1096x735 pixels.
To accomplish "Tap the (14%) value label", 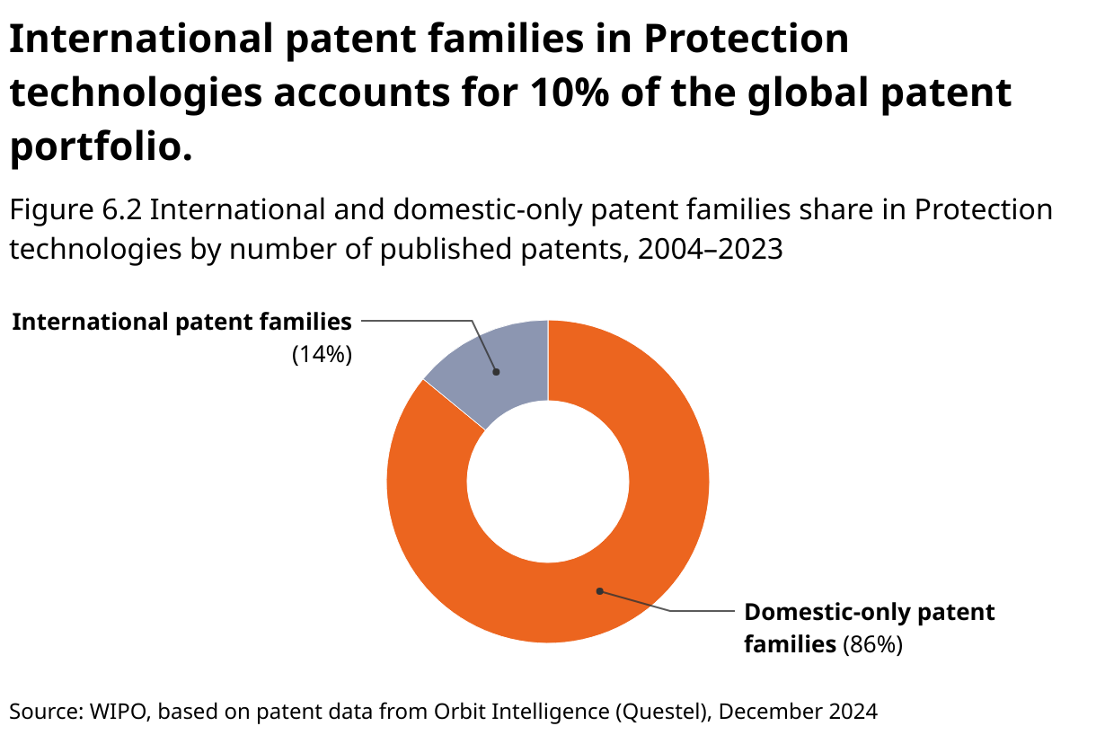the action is tap(322, 354).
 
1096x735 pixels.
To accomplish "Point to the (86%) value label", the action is tap(872, 644).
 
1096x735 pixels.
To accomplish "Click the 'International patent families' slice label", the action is tap(182, 322).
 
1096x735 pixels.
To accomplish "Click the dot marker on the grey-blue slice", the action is tap(496, 372).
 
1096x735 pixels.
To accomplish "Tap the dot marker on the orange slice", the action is tap(599, 591).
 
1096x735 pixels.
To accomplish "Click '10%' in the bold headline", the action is tap(570, 93).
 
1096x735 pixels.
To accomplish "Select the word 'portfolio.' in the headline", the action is tap(102, 146).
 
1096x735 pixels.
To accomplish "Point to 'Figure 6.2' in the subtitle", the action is tap(75, 209).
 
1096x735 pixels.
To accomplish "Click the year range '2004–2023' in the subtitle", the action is tap(711, 249).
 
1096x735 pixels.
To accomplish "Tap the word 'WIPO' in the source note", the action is tap(119, 712).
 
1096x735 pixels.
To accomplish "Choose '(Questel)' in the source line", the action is tap(663, 712).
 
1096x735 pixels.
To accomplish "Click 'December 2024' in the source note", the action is tap(798, 712).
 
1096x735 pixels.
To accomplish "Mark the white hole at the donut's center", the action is tap(548, 482).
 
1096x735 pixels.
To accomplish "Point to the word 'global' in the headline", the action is tap(809, 93).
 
